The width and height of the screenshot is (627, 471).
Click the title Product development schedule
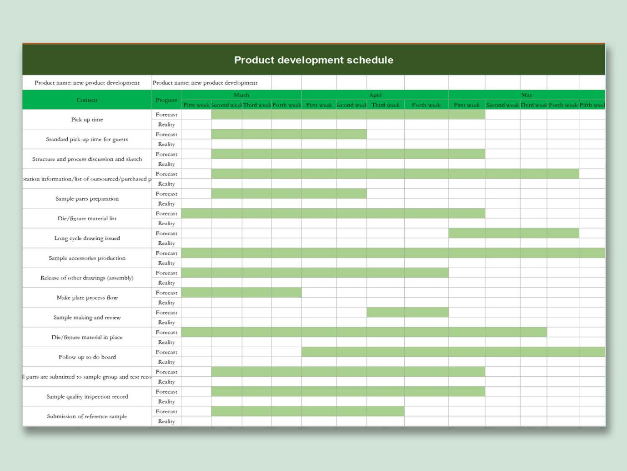(x=314, y=60)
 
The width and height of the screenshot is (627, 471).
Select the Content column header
(x=87, y=100)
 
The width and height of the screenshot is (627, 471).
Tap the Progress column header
(x=166, y=100)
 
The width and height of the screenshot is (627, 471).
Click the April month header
(x=375, y=95)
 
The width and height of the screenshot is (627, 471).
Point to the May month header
(x=527, y=95)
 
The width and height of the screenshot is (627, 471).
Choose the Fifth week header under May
(x=592, y=105)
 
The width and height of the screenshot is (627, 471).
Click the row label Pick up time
(x=87, y=120)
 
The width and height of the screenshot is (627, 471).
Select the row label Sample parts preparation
(x=87, y=199)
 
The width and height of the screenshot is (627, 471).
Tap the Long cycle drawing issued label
(x=87, y=238)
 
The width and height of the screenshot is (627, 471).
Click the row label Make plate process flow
(x=87, y=298)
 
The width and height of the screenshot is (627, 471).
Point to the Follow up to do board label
(x=87, y=357)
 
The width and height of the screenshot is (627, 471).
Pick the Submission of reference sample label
(x=87, y=416)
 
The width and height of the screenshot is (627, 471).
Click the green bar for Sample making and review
(x=407, y=313)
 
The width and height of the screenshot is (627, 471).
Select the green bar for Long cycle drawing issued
(x=513, y=233)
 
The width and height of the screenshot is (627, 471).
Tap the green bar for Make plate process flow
(x=241, y=293)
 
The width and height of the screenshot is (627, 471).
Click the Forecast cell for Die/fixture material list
(x=166, y=213)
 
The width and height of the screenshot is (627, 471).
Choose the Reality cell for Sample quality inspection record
(x=166, y=402)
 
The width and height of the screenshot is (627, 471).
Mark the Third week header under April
(x=385, y=105)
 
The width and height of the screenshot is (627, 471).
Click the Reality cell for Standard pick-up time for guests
(x=166, y=144)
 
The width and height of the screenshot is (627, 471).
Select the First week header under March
(x=196, y=105)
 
